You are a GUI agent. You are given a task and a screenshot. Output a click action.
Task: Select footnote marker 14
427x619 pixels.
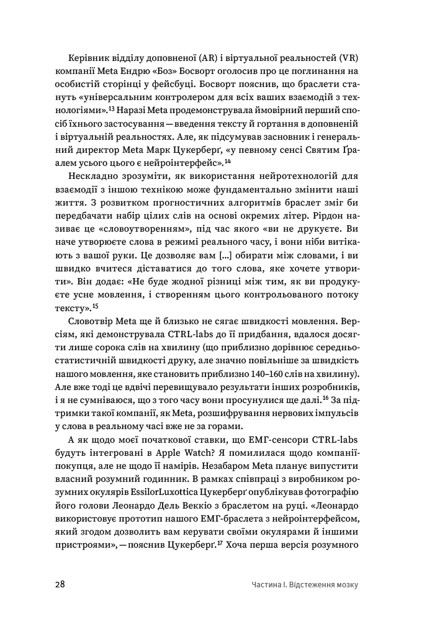(228, 160)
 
